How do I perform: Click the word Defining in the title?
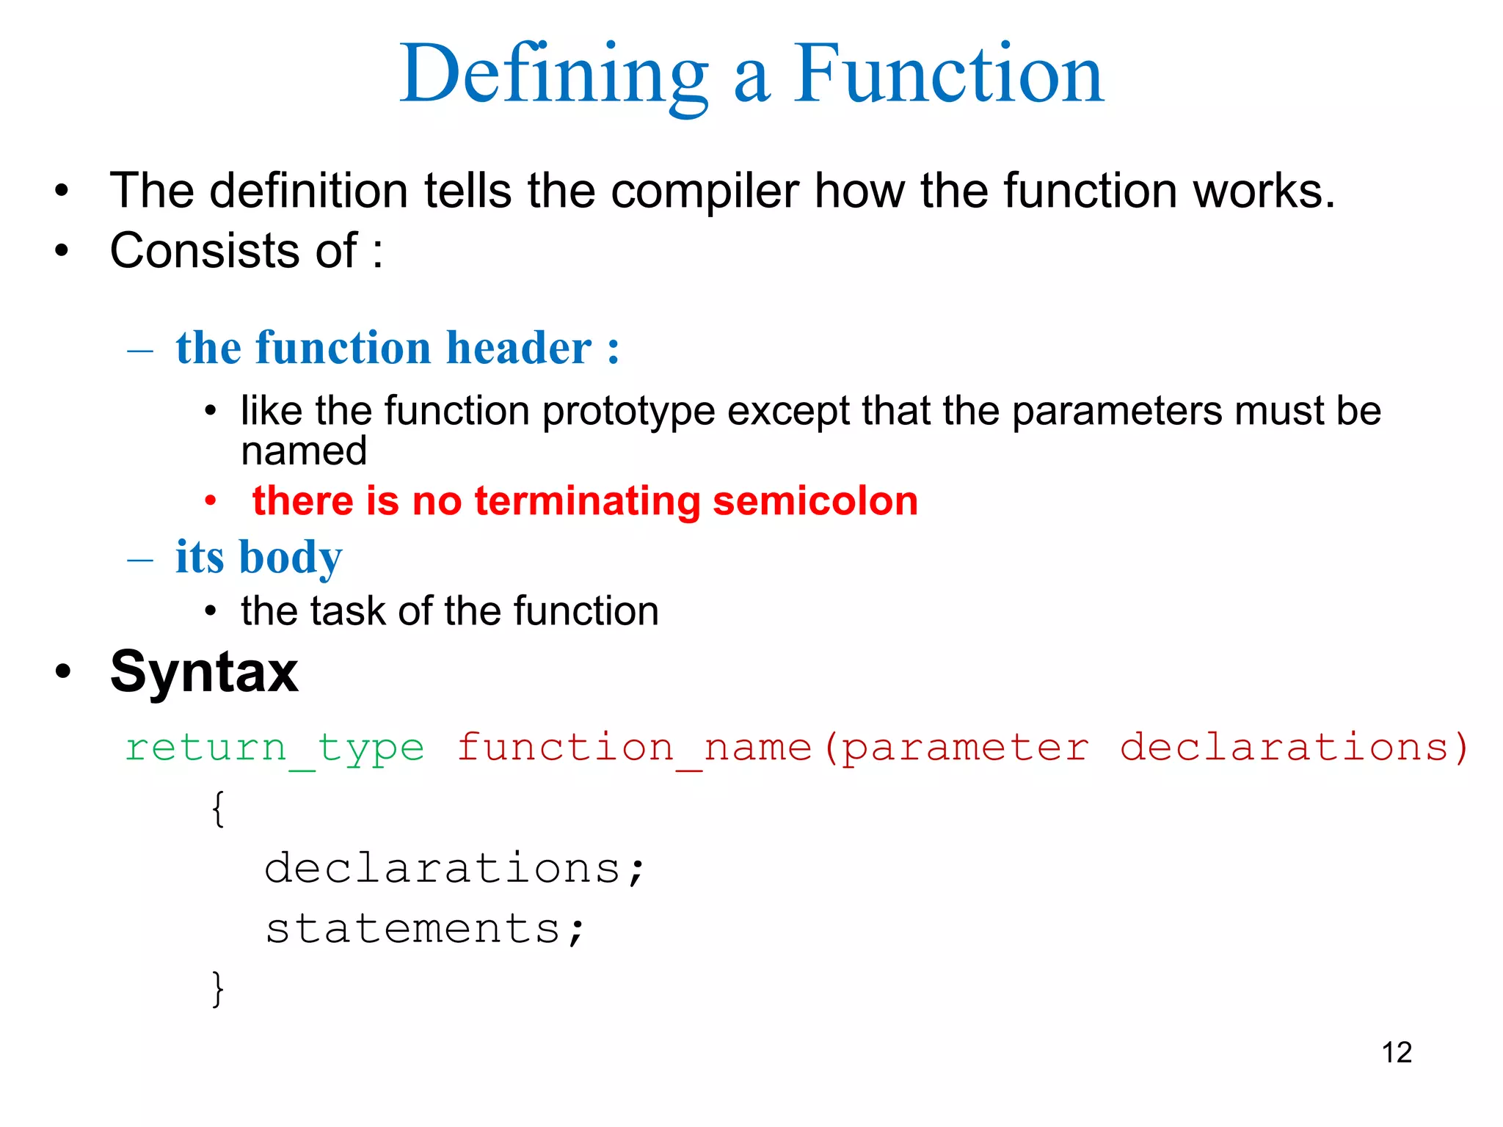pyautogui.click(x=554, y=75)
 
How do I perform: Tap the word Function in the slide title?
pyautogui.click(x=948, y=75)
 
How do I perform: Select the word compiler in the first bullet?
pyautogui.click(x=704, y=191)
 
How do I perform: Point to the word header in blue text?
pyautogui.click(x=519, y=348)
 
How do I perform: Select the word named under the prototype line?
pyautogui.click(x=304, y=451)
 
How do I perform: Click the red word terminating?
pyautogui.click(x=587, y=502)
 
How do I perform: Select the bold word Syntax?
pyautogui.click(x=204, y=672)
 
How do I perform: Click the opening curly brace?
pyautogui.click(x=218, y=809)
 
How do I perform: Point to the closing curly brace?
pyautogui.click(x=218, y=988)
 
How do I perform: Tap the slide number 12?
pyautogui.click(x=1397, y=1052)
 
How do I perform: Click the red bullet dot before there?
pyautogui.click(x=211, y=502)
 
